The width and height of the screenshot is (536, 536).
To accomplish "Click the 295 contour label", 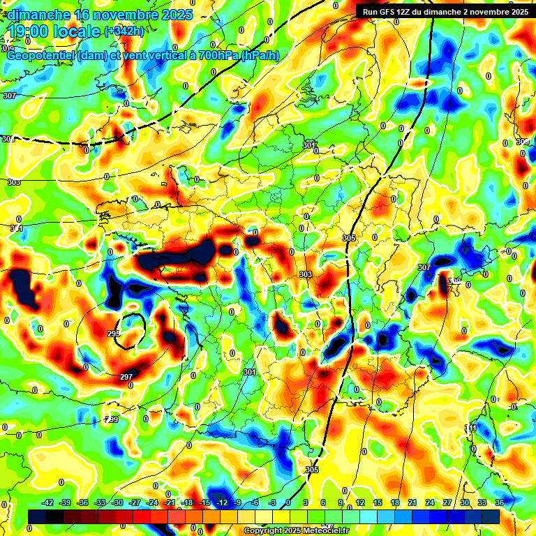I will coord(114,334).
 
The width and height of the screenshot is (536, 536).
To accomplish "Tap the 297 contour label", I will coord(126,377).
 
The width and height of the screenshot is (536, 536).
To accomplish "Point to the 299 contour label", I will coord(111,419).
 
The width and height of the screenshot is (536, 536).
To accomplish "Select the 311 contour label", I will coord(472,428).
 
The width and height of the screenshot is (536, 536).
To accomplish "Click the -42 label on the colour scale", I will coord(48,502).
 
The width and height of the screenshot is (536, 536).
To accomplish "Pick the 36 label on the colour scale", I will coord(499,502).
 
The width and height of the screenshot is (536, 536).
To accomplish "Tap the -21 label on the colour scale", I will coord(170,502).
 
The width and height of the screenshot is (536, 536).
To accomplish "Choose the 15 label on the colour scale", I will coord(378,502).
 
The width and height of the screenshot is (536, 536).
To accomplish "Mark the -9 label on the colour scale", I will coord(238,502).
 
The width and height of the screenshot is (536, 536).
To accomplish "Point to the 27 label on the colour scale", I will coord(447,502).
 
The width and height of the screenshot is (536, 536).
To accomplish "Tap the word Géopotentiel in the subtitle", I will coord(40,56).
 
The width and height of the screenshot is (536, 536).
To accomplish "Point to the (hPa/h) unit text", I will coord(260,56).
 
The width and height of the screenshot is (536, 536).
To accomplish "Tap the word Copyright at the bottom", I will coord(264,531).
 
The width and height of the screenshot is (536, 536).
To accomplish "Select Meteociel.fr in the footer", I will coord(327,531).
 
